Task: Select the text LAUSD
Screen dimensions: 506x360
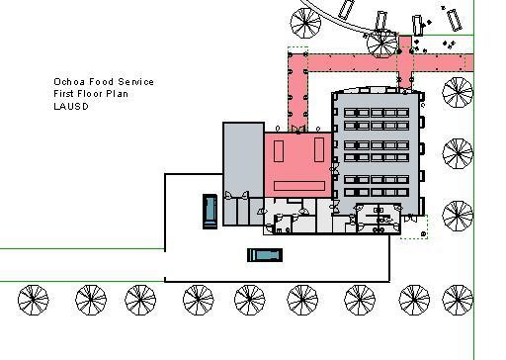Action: (71, 106)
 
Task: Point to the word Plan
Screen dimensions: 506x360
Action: (117, 94)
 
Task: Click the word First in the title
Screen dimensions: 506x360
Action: (63, 94)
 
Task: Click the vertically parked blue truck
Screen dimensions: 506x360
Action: (210, 212)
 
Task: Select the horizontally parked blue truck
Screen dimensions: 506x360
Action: (265, 255)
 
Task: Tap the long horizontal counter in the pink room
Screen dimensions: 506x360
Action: (299, 186)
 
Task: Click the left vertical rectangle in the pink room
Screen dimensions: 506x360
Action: (279, 151)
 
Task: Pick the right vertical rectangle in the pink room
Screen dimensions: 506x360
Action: (319, 149)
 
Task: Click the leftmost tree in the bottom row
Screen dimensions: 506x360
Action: (33, 300)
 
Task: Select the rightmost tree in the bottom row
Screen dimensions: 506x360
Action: (458, 300)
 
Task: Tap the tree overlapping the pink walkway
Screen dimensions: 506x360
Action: (381, 44)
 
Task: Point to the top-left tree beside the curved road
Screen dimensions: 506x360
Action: (305, 23)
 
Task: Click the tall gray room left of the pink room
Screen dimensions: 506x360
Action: (243, 160)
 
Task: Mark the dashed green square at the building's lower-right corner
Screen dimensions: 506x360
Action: (414, 226)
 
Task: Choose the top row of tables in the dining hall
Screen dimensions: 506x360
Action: (377, 113)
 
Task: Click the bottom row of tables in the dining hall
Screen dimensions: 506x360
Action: (377, 192)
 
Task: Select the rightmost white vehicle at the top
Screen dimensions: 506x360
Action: (454, 20)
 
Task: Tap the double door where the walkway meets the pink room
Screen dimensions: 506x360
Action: (298, 129)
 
